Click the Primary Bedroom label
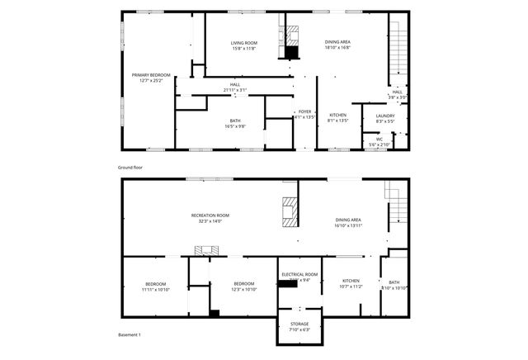coord(148,75)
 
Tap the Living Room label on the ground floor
coord(243,42)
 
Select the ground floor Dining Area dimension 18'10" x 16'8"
coord(337,48)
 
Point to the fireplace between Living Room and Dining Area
coord(291,41)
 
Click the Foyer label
coord(304,111)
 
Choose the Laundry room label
coord(385,116)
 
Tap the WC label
coord(379,139)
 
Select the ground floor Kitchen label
coord(338,115)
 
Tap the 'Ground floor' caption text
coord(130,168)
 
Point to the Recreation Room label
coord(210,215)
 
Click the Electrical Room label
coord(299,274)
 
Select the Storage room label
coord(299,324)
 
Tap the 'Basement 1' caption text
coord(129,334)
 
